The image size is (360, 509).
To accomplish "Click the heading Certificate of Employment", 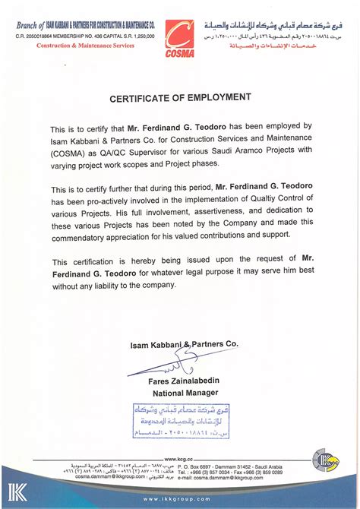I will coord(180,97).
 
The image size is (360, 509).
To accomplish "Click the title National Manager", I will coord(183,394).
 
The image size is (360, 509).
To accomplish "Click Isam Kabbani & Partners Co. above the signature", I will coord(183,343).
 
